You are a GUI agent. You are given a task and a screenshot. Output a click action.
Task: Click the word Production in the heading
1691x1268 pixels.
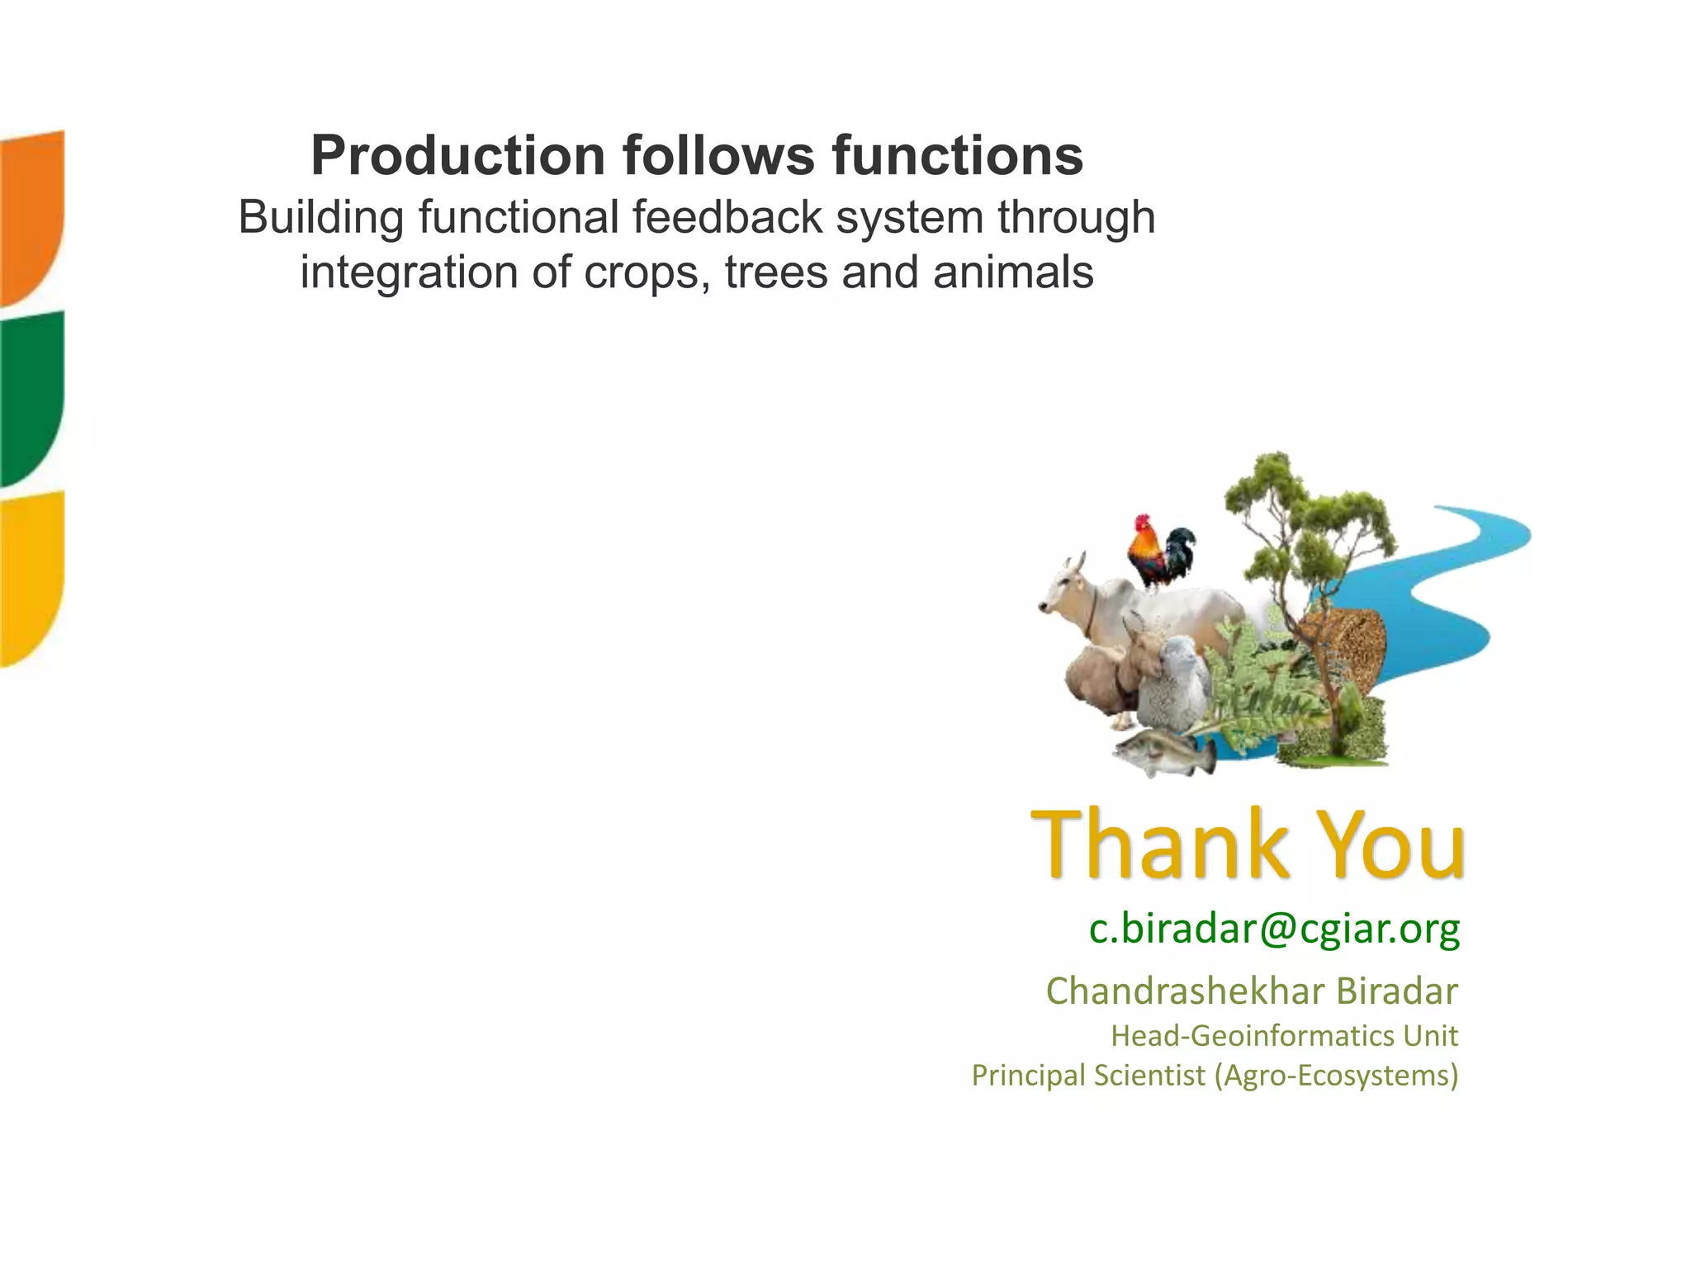click(x=458, y=155)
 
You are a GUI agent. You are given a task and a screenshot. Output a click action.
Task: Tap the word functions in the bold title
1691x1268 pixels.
click(x=957, y=155)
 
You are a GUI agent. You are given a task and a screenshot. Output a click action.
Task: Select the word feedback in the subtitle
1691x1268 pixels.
click(x=727, y=217)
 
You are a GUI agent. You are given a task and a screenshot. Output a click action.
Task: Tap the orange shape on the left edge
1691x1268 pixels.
click(x=31, y=215)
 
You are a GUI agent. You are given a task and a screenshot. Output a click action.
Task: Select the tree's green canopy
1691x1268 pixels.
click(x=1305, y=512)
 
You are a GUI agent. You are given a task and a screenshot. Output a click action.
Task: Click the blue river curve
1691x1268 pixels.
click(x=1453, y=594)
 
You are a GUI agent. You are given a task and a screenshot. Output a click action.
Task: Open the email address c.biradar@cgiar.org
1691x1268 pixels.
click(x=1274, y=929)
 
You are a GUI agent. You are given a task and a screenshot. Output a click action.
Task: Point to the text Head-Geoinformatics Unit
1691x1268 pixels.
click(x=1284, y=1035)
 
